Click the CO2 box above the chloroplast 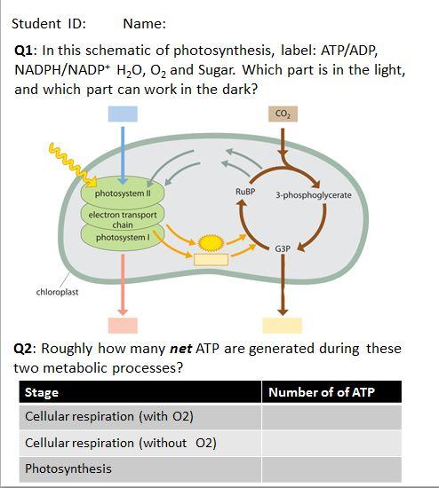[283, 114]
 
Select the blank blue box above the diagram [123, 114]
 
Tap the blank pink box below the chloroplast [123, 326]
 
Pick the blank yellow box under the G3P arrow [283, 326]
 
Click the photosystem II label [123, 193]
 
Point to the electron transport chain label [123, 219]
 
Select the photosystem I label [123, 238]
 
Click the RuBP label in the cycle [245, 192]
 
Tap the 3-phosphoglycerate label [314, 195]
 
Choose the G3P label [283, 248]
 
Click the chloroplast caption [57, 292]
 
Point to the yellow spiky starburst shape [212, 243]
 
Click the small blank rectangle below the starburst [212, 260]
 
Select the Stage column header [42, 392]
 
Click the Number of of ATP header [322, 392]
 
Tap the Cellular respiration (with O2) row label [109, 416]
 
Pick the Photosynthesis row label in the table [68, 468]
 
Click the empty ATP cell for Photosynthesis [331, 469]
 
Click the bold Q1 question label [24, 51]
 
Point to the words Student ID [48, 24]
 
